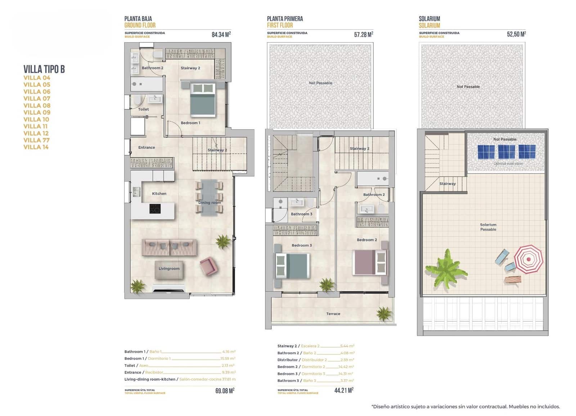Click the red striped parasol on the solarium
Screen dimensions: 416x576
(x=528, y=259)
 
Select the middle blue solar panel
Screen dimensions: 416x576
(x=506, y=152)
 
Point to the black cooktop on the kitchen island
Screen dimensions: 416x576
(x=155, y=209)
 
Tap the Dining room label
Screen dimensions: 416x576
(x=210, y=202)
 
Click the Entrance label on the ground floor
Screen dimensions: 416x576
(x=147, y=147)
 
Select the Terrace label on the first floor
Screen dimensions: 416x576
(x=333, y=314)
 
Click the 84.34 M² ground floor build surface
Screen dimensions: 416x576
(x=221, y=35)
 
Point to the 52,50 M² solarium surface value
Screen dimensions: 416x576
(x=516, y=34)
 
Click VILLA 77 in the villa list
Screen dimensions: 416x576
(x=37, y=140)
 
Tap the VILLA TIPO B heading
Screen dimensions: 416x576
(x=44, y=69)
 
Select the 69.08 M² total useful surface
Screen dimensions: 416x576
(x=225, y=391)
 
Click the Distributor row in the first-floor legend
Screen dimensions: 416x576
(x=315, y=360)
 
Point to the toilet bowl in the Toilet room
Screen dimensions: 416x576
(x=136, y=100)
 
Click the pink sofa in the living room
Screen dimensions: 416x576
(x=169, y=247)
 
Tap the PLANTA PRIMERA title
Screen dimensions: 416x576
(x=285, y=19)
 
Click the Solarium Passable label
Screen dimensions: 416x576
(x=488, y=227)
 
